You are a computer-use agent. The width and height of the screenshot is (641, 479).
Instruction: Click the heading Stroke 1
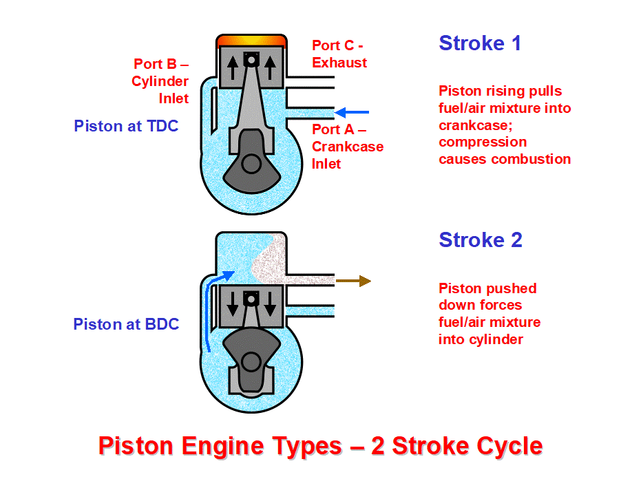point(480,43)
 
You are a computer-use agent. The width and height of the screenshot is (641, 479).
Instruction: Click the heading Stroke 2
point(481,240)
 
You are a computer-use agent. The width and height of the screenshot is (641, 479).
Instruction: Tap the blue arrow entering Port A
point(352,111)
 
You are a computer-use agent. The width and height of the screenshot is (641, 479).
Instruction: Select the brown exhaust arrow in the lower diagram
point(353,281)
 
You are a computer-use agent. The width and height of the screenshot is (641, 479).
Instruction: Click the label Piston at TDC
point(126,126)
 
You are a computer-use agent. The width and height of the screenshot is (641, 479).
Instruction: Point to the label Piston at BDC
point(126,324)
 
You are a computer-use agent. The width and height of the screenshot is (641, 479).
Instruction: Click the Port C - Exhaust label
point(339,54)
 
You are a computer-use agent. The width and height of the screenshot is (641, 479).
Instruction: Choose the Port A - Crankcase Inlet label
point(347,146)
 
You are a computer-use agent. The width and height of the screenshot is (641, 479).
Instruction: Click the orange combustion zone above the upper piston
point(251,41)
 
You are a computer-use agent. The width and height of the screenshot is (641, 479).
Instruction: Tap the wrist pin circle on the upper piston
point(251,61)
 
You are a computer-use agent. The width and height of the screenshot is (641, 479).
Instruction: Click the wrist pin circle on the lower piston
point(251,299)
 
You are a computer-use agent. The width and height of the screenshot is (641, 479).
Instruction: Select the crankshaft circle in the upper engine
point(251,164)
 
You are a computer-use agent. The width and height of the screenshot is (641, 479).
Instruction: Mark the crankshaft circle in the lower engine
point(251,361)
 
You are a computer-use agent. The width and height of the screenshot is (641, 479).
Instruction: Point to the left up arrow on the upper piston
point(233,69)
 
